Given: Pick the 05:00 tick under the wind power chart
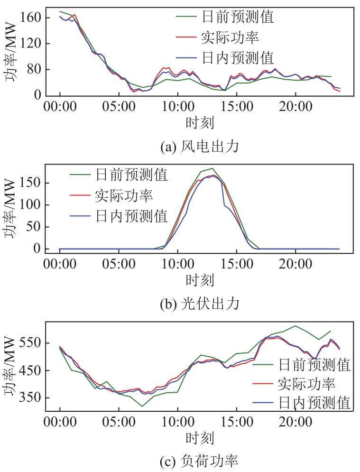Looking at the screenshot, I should [119, 105].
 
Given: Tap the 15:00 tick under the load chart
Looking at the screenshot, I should [236, 422].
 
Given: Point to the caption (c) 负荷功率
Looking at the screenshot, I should [199, 460].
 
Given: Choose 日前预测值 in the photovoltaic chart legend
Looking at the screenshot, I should [131, 175].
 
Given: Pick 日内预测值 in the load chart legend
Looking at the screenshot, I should [314, 403].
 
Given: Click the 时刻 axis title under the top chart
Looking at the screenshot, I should [199, 123].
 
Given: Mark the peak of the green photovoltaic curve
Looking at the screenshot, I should [212, 168].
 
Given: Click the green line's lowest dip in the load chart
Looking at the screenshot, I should [142, 406].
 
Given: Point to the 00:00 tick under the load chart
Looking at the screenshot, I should [60, 422].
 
